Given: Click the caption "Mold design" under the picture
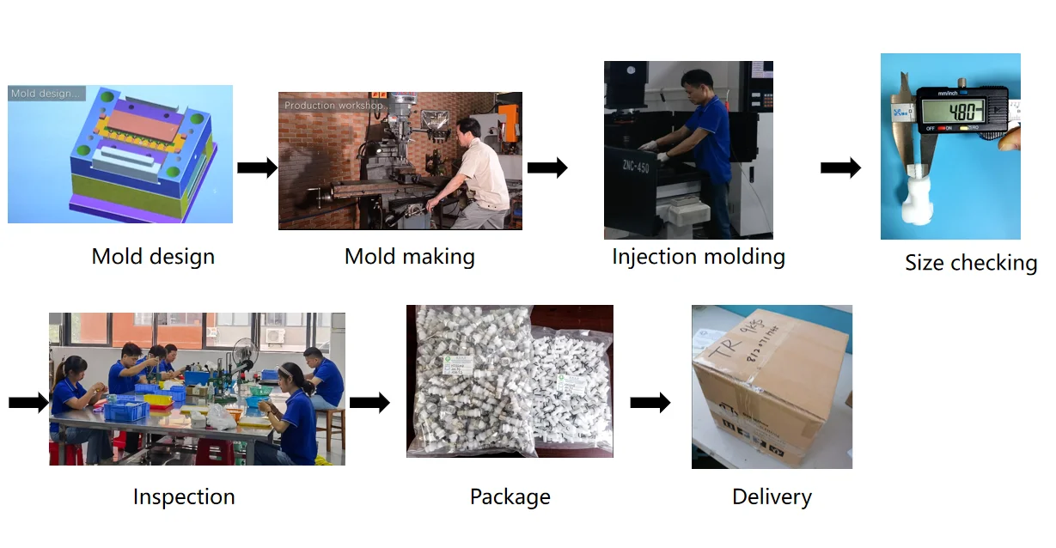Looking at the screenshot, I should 153,256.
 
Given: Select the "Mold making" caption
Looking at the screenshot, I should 409,256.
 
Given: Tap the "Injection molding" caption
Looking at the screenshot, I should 698,256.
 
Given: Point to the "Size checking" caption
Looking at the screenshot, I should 970,263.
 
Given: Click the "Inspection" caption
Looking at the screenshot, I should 183,496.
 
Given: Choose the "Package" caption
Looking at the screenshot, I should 510,496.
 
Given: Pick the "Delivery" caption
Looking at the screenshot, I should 772,496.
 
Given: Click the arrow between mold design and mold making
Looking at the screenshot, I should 257,167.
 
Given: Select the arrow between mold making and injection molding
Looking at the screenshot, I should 547,167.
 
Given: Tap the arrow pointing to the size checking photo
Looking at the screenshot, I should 840,168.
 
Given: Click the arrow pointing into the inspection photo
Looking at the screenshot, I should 28,402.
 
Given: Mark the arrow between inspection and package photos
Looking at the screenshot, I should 369,401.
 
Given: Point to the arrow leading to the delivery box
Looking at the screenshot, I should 650,401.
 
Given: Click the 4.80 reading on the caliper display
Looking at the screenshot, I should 964,112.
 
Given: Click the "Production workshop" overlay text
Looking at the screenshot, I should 333,106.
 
